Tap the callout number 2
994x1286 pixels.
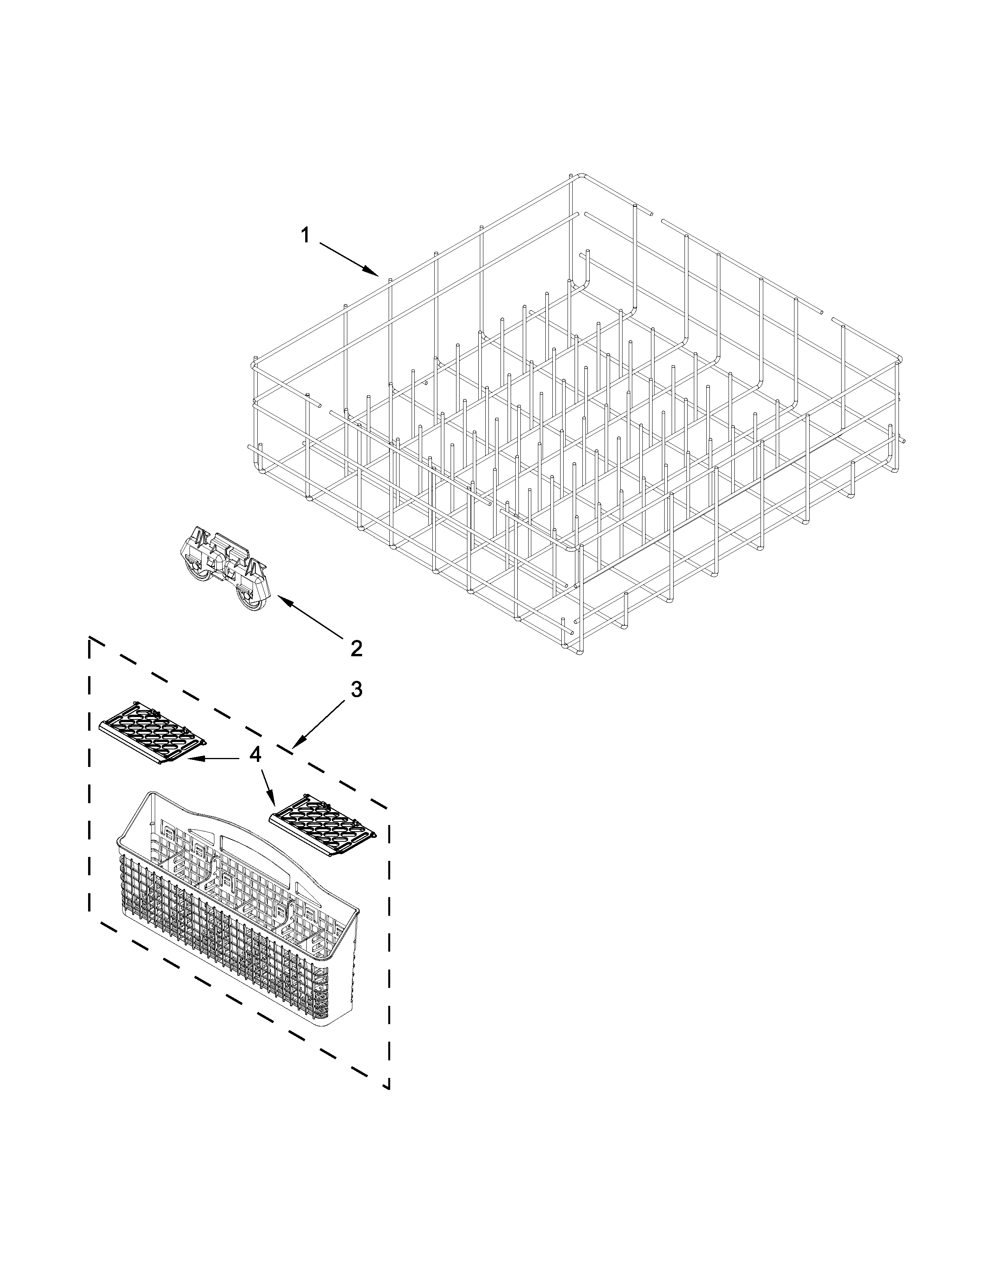[x=356, y=648]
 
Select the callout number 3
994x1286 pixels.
[x=356, y=689]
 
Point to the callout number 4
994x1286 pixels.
[x=255, y=755]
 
